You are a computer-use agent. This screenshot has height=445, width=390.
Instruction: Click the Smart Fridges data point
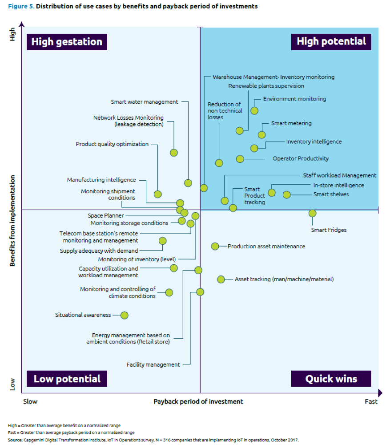312,213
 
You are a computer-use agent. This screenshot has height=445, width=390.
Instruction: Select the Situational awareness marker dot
124,315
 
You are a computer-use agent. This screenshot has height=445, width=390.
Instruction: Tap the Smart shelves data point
287,194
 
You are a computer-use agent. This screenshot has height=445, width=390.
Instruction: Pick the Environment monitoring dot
254,110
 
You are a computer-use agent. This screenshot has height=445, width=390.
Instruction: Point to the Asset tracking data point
221,279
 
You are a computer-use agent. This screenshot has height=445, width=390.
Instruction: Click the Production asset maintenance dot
215,246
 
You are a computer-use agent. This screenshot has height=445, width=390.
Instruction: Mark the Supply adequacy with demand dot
162,241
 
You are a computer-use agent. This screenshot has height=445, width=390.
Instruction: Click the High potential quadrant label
331,41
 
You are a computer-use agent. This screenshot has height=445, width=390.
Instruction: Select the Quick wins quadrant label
331,379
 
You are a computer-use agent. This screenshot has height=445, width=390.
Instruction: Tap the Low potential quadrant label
67,379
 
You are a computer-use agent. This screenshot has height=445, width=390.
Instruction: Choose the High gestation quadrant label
67,42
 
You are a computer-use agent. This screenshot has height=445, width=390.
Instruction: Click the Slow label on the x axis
30,401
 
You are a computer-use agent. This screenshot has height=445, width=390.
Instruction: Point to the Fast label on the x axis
371,401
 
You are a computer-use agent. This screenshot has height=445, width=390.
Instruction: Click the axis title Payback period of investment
198,401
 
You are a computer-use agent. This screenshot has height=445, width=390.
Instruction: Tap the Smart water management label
144,102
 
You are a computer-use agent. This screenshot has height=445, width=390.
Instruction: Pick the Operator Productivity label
301,158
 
